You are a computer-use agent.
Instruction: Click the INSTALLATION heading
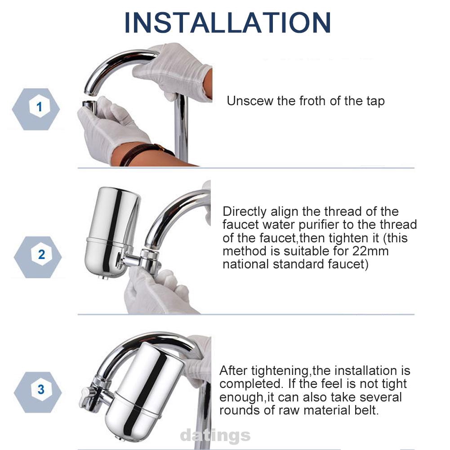pyautogui.click(x=227, y=23)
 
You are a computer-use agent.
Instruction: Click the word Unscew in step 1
pyautogui.click(x=250, y=101)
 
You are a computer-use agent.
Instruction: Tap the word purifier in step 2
pyautogui.click(x=320, y=225)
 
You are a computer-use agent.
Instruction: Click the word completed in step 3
pyautogui.click(x=251, y=384)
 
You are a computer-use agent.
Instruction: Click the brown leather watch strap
pyautogui.click(x=147, y=152)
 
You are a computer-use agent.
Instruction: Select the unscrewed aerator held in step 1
pyautogui.click(x=90, y=106)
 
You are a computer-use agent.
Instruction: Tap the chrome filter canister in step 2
pyautogui.click(x=112, y=232)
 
